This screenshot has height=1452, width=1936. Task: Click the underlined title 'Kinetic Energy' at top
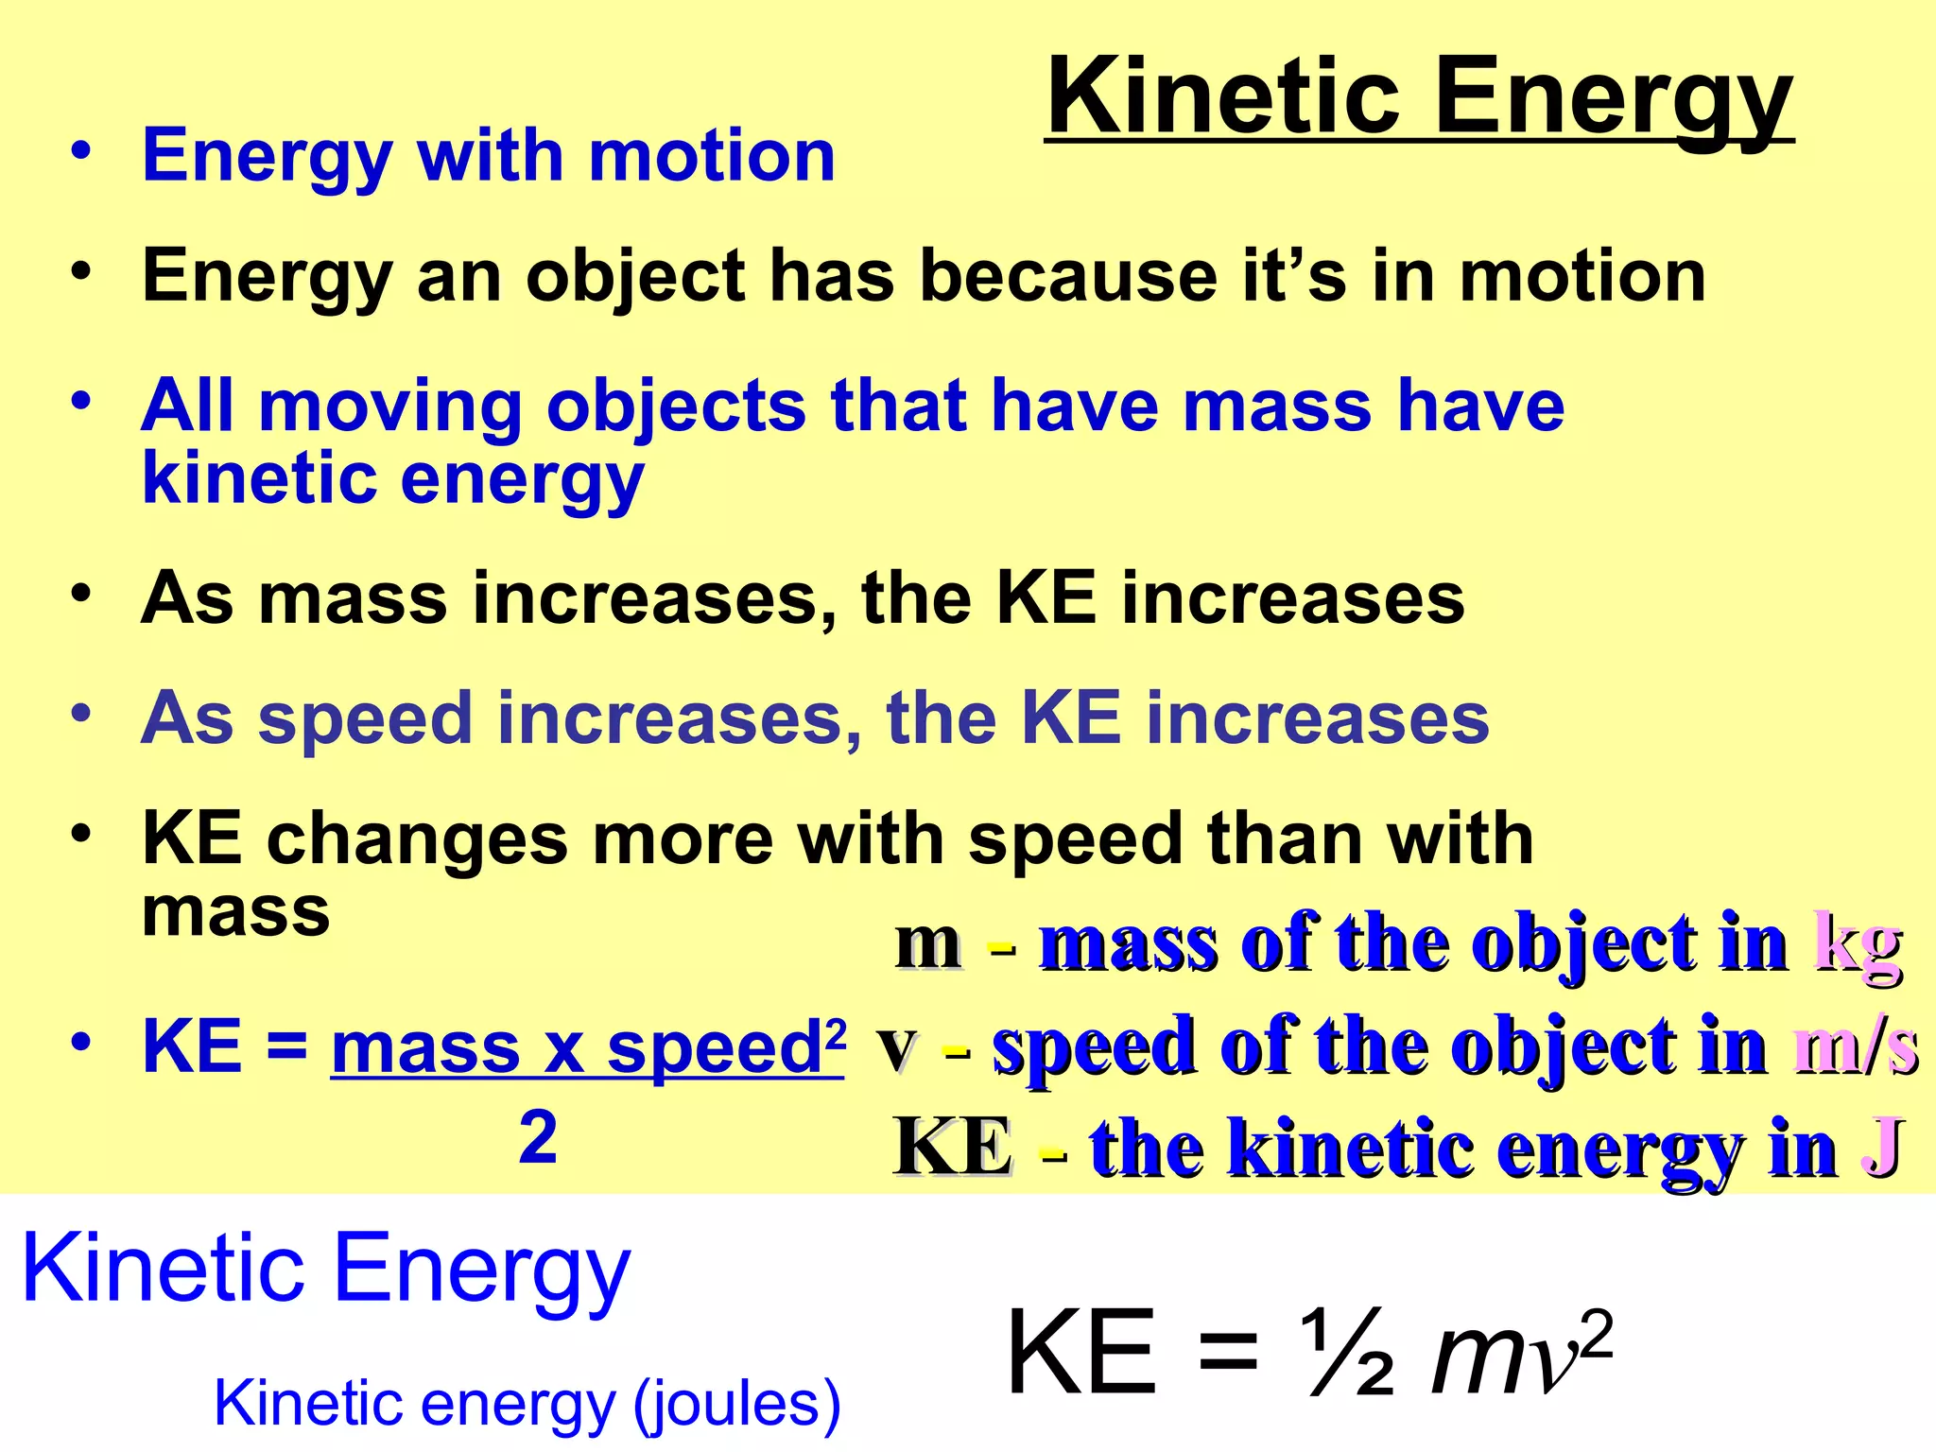(1419, 97)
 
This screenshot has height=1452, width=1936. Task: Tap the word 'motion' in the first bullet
(712, 156)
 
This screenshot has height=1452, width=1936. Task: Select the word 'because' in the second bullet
(1069, 276)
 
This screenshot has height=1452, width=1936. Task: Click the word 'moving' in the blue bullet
(390, 406)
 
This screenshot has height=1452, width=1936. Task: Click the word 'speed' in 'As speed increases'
(365, 718)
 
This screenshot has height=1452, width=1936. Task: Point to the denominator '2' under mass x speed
(538, 1137)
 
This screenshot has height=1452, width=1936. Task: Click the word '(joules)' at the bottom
(736, 1403)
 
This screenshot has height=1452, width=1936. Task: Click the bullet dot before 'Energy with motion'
(82, 151)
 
